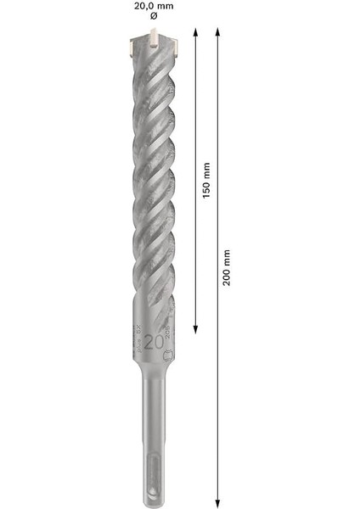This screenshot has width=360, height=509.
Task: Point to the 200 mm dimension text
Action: click(226, 268)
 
